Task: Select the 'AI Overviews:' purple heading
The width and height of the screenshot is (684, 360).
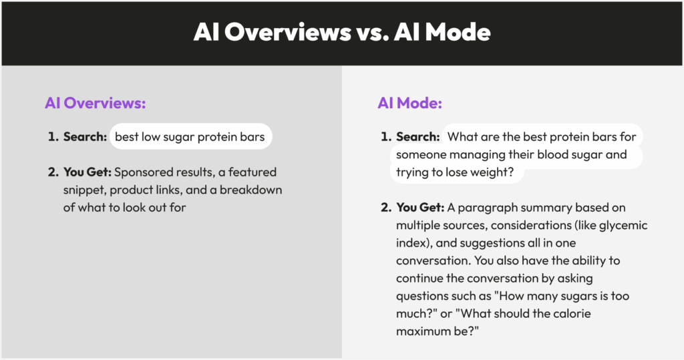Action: (95, 103)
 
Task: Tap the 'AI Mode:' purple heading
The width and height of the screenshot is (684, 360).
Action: (409, 103)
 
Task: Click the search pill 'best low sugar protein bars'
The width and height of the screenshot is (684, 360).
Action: (190, 136)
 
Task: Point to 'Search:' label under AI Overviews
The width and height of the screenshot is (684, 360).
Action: (85, 136)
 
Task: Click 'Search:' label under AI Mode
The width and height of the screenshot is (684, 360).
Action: (418, 136)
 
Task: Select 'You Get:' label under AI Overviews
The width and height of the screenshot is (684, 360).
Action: (88, 172)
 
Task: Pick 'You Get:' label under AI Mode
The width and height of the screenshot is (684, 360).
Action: (420, 207)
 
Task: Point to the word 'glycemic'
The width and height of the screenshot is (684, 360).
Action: (623, 226)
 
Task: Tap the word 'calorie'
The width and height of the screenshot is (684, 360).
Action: (572, 313)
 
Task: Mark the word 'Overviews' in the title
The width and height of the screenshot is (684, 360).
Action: (287, 32)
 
